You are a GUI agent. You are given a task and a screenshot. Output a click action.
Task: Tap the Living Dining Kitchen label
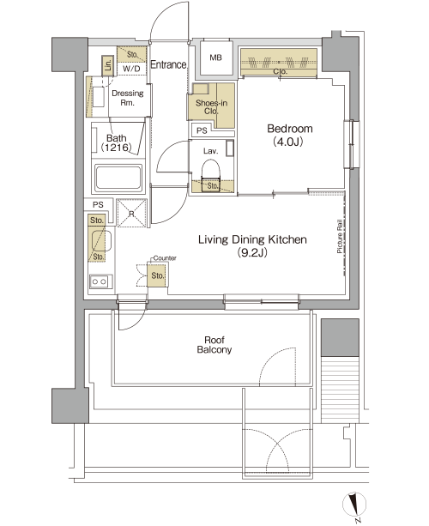pos(252,239)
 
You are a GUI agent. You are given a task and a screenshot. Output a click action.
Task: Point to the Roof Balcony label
pos(214,345)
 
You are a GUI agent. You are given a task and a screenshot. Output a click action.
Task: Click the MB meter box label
pos(215,57)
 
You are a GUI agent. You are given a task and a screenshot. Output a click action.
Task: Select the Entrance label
pos(168,64)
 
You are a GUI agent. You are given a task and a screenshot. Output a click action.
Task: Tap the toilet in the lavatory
pos(211,171)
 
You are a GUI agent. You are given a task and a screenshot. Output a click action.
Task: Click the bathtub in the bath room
pos(118,178)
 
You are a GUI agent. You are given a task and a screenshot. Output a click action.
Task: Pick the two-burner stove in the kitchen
pos(100,281)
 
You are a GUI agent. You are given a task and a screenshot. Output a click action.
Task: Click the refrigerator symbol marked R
pos(131,214)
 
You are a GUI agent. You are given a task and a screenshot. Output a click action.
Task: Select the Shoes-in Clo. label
pos(211,107)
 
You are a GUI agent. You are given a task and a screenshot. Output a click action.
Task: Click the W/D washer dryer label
pos(132,69)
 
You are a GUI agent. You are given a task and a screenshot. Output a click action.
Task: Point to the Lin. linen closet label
pos(108,64)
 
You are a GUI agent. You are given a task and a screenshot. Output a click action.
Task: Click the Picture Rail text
pos(340,236)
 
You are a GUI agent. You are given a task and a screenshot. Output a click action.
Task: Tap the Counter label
pos(165,258)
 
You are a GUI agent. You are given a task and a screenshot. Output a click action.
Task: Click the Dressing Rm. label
pos(128,98)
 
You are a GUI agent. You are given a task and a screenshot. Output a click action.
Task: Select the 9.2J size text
pos(252,252)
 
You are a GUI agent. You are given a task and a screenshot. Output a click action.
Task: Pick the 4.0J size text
pos(288,142)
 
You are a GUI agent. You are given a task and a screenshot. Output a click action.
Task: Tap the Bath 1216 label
pos(117,142)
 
